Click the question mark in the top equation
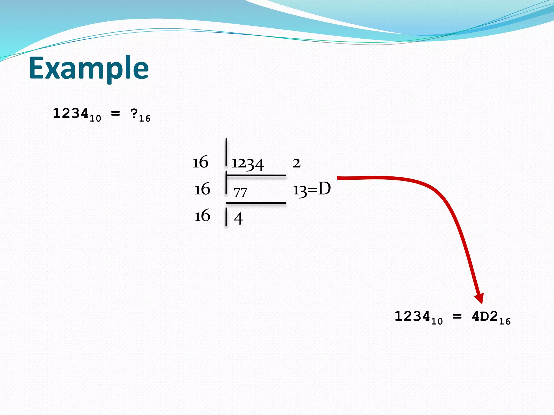point(134,113)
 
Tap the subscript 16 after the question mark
point(145,119)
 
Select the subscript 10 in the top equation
point(95,119)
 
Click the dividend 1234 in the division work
point(248,164)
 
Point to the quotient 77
point(240,193)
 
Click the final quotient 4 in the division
point(238,218)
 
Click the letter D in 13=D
point(324,189)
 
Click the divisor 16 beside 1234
point(200,162)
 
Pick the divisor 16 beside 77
point(202,189)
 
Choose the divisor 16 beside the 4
point(202,216)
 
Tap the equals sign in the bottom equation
point(457,316)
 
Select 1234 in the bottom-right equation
point(412,316)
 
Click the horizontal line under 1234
point(256,176)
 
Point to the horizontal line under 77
point(256,203)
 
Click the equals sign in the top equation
point(116,114)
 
